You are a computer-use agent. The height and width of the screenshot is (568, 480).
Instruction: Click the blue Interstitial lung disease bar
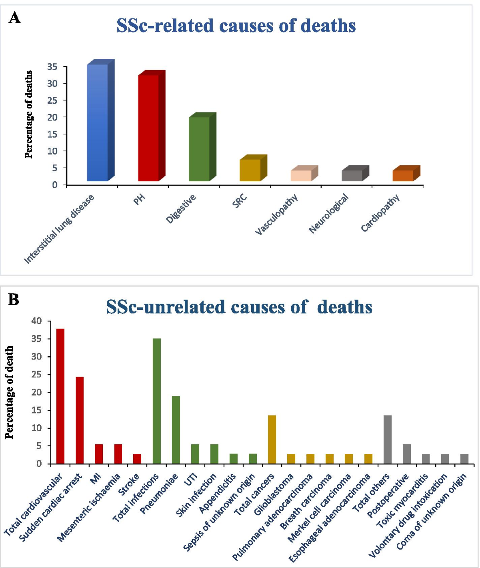97,122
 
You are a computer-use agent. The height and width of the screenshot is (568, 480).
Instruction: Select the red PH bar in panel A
148,128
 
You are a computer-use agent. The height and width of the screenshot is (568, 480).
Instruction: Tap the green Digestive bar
199,149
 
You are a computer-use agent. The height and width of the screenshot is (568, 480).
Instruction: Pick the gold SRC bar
250,170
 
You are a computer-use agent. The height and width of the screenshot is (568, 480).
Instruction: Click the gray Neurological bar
352,176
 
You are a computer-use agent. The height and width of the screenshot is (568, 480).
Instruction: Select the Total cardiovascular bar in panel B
60,396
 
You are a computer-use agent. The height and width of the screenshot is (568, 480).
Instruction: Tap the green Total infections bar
157,401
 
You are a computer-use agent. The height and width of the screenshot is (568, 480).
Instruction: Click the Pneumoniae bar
176,430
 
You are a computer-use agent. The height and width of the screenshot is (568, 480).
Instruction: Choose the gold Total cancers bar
272,439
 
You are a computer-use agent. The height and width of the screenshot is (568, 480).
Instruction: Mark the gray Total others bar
388,439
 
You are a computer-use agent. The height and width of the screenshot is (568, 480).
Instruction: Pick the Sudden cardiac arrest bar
80,420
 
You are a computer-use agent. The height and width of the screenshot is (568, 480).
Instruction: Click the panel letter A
14,18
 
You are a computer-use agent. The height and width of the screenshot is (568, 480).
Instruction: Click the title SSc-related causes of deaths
236,26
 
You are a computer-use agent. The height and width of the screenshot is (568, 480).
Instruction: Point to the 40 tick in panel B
37,321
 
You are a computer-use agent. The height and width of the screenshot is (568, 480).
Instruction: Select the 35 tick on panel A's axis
52,67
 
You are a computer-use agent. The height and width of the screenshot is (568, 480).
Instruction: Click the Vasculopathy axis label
277,214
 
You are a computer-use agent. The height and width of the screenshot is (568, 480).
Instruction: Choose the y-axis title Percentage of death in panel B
10,392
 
